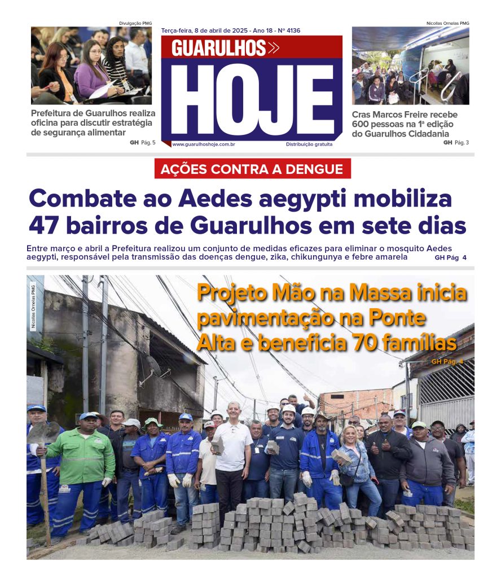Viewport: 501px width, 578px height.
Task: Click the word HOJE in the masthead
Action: (x=252, y=101)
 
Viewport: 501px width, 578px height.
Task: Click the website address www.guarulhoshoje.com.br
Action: (x=204, y=144)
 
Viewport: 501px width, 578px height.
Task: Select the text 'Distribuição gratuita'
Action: (x=309, y=144)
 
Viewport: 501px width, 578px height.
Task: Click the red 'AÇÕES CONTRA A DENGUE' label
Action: (x=252, y=169)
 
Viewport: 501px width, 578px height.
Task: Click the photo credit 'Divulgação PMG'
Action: (x=135, y=23)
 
